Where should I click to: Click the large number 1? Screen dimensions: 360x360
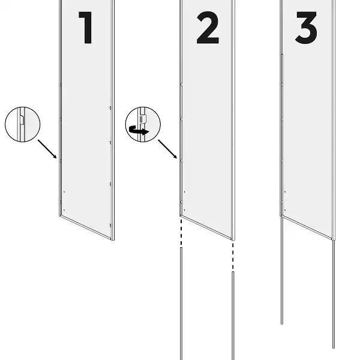tap(85, 28)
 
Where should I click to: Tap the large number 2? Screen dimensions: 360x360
tap(208, 28)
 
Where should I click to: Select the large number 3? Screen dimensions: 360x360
tap(306, 28)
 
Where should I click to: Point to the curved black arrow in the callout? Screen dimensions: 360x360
tap(139, 131)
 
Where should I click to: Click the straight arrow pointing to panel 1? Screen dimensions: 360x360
tap(47, 149)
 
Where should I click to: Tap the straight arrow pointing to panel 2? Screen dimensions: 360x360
tap(167, 149)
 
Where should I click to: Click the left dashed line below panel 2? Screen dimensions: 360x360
tap(181, 232)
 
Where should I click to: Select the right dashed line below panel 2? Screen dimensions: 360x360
tap(233, 256)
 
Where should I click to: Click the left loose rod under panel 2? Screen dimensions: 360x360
tap(181, 304)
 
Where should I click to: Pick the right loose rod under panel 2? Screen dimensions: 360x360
tap(233, 316)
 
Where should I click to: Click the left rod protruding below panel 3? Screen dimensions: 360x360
tap(282, 271)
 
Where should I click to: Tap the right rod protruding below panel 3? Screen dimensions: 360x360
tap(334, 295)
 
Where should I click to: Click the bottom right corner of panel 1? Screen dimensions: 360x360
tap(113, 240)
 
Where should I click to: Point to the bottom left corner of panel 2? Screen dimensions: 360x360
tap(181, 216)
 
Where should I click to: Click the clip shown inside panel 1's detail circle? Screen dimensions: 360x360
tap(22, 120)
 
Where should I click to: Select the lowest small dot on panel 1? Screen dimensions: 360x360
tap(64, 210)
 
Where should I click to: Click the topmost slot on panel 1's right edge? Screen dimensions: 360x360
tap(110, 108)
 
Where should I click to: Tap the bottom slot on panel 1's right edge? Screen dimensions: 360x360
tap(110, 226)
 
